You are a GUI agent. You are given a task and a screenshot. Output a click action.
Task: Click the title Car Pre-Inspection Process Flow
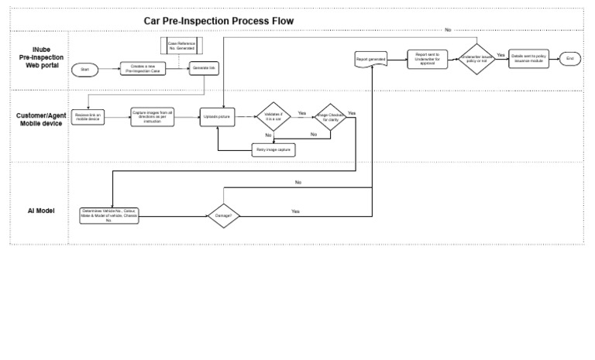(x=219, y=20)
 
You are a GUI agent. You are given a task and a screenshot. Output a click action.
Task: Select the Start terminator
(x=85, y=69)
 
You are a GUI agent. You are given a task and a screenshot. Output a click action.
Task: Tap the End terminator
(x=570, y=59)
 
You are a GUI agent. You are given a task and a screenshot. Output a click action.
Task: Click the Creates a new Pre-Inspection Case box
(x=142, y=69)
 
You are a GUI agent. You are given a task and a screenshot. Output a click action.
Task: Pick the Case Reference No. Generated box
(x=180, y=44)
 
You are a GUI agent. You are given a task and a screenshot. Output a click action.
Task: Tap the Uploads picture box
(x=218, y=116)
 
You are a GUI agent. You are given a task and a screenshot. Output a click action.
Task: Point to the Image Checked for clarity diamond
(x=331, y=117)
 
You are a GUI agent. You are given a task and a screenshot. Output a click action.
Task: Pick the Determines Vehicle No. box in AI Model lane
(x=110, y=215)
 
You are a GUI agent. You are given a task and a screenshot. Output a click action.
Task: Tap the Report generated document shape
(x=371, y=59)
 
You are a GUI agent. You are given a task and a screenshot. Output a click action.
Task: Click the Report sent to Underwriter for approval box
(x=428, y=59)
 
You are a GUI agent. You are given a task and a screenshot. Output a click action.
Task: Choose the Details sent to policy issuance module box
(x=530, y=59)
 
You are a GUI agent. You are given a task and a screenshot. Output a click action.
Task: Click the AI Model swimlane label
(x=40, y=211)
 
